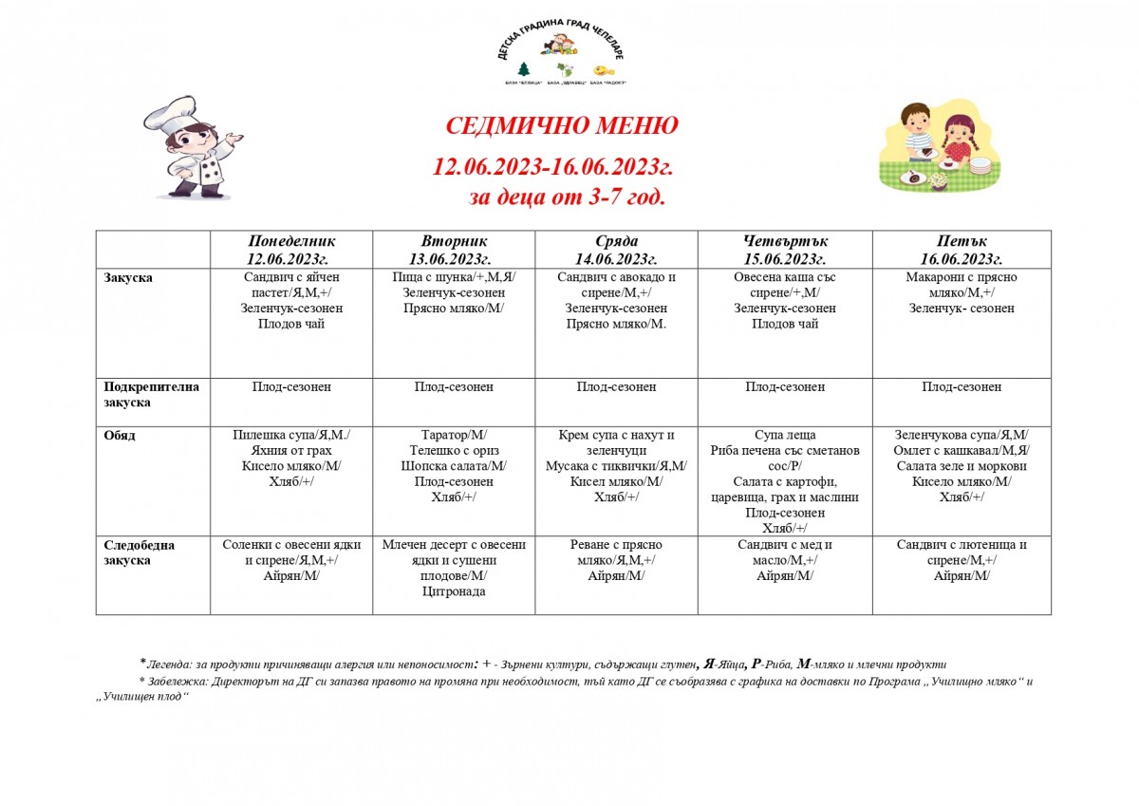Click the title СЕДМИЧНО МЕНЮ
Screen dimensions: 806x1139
tap(562, 126)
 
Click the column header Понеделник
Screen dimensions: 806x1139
tap(291, 241)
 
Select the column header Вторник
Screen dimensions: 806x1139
tap(454, 241)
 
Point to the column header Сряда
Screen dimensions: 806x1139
tap(616, 241)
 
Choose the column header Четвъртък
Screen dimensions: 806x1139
tap(785, 241)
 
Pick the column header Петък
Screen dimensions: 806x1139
tap(962, 241)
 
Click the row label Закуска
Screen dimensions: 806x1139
tap(127, 277)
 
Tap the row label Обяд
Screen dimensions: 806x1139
tap(120, 435)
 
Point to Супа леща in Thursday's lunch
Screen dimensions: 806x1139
tap(785, 435)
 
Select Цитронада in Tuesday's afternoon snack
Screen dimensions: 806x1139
tap(454, 591)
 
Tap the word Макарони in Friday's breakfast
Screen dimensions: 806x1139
tap(924, 277)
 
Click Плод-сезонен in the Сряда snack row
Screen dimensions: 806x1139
tap(616, 387)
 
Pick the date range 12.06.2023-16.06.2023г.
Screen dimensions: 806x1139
tap(553, 167)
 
